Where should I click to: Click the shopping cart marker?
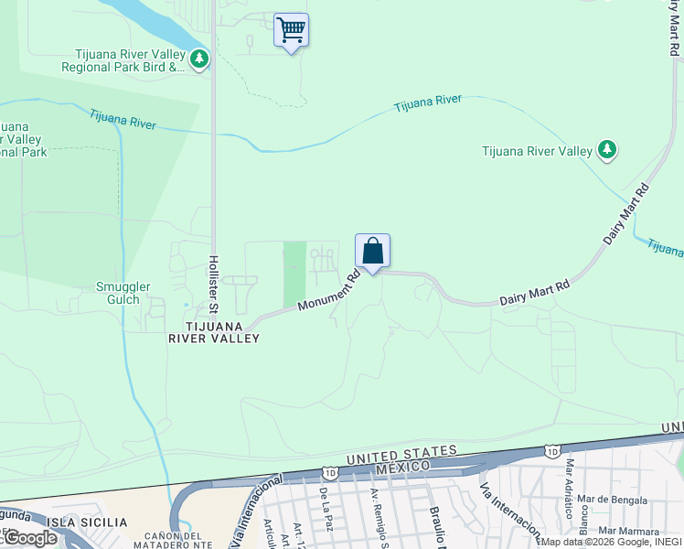point(291,30)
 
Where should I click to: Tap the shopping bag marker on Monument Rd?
point(372,251)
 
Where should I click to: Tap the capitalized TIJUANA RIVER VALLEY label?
point(213,332)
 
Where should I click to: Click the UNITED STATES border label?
point(401,452)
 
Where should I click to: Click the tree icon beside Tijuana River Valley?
point(606,150)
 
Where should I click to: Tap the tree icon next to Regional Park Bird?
point(198,59)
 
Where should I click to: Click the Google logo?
point(29,537)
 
